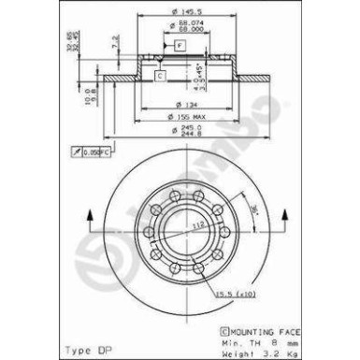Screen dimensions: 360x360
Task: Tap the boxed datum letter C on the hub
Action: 161,74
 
